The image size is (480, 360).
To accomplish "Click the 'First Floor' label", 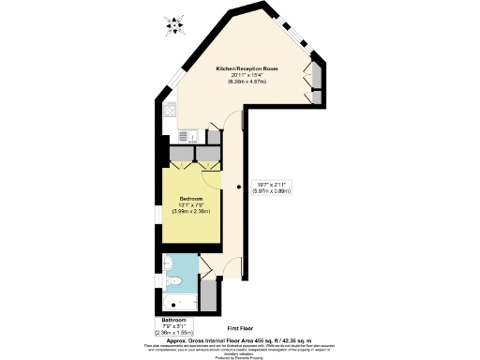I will click(241, 328).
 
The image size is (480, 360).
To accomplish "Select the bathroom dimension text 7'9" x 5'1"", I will click(173, 326).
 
